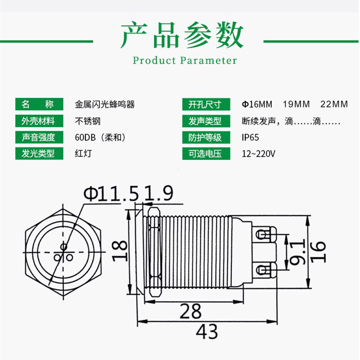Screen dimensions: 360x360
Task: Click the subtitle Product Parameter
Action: click(x=185, y=60)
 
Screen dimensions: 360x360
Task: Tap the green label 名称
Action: click(x=38, y=104)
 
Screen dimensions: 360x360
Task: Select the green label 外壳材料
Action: click(x=38, y=121)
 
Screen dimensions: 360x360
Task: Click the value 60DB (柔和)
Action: click(x=103, y=137)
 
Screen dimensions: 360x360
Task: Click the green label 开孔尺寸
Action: click(x=205, y=104)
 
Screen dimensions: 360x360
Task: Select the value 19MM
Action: click(x=296, y=104)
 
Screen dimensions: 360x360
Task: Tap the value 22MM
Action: click(x=334, y=104)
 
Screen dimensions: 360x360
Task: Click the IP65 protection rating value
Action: click(x=250, y=137)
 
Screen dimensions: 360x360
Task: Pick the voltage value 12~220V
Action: click(x=258, y=153)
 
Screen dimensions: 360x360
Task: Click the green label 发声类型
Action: click(x=205, y=121)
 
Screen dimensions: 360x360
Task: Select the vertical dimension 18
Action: click(x=120, y=251)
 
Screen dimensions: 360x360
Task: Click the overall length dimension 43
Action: click(x=207, y=332)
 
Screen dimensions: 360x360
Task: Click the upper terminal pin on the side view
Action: click(x=265, y=234)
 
